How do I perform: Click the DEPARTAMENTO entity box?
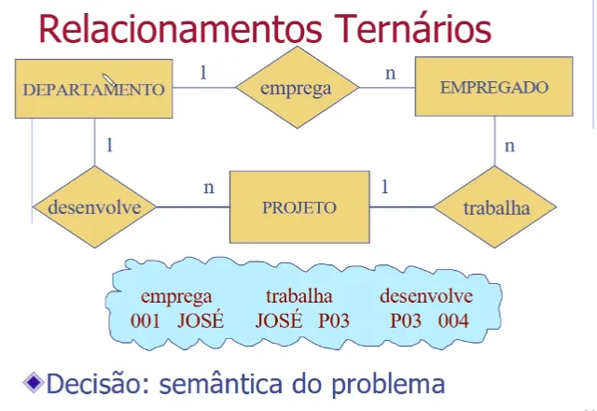tap(93, 90)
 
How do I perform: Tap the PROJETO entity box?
tap(298, 206)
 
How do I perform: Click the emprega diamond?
tap(297, 90)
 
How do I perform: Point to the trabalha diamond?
tap(495, 207)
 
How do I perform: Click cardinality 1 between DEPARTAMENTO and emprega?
tap(203, 71)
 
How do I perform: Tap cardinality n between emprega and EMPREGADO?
tap(391, 71)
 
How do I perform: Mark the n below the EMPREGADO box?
tap(509, 146)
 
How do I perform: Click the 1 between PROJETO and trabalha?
tap(384, 187)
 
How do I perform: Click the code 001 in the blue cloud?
tap(146, 320)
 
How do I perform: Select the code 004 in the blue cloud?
tap(454, 320)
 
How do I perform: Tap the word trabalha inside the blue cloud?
tap(298, 297)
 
